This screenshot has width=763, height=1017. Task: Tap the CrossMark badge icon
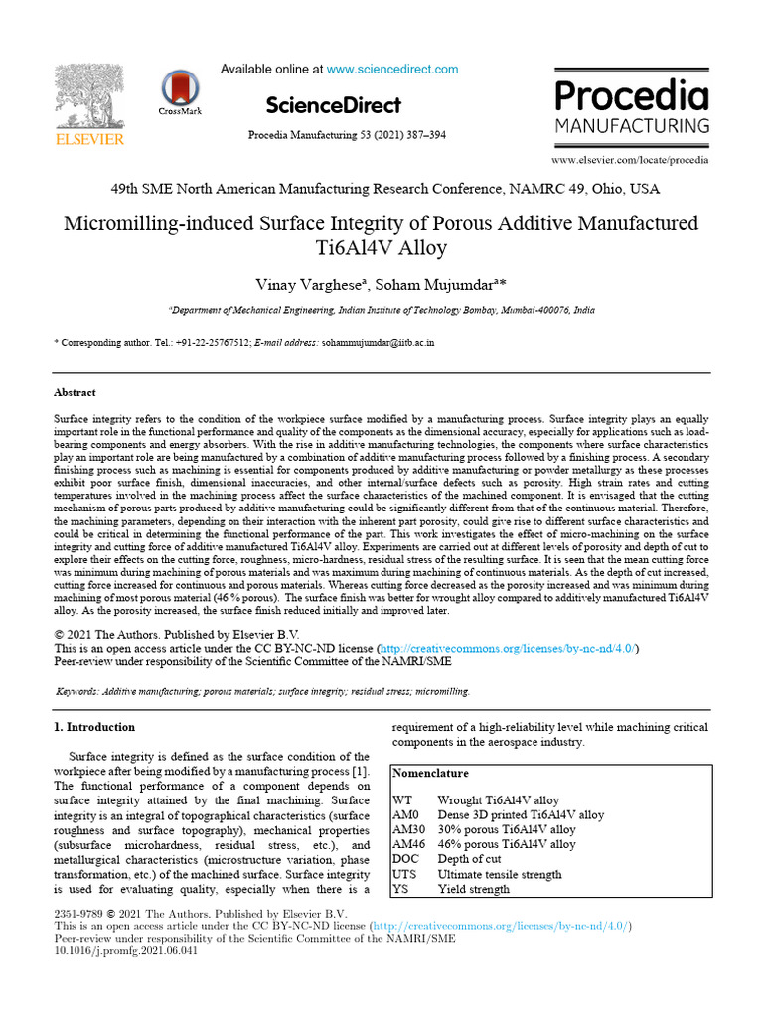[180, 89]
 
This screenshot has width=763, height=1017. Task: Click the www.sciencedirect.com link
[392, 70]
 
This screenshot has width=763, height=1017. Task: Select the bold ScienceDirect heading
[333, 105]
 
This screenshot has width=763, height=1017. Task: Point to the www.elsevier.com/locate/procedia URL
[630, 159]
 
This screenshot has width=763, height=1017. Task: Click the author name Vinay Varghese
[309, 286]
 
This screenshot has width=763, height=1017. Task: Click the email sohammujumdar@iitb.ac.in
[378, 342]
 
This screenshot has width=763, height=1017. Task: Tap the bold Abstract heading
[75, 392]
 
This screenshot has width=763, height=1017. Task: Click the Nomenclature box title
[431, 773]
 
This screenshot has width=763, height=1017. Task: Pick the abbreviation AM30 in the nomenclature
[409, 829]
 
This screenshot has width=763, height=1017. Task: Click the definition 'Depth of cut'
[469, 859]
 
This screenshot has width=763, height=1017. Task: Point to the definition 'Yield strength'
[473, 889]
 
